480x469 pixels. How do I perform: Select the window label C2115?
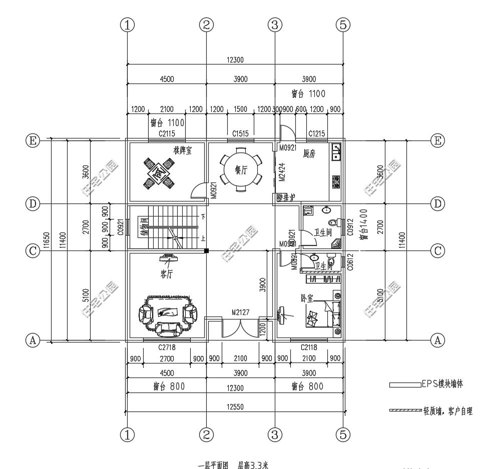coord(167,133)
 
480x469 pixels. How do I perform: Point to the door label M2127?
coord(240,312)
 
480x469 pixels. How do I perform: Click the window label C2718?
coord(167,347)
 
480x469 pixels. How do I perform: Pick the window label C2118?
coord(309,347)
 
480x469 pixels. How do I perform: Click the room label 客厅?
coord(167,273)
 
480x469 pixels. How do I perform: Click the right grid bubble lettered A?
coord(437,340)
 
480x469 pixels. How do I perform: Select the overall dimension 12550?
coord(235,407)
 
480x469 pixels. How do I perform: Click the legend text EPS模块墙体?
coord(442,384)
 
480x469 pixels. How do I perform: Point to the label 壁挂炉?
coord(286,197)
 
